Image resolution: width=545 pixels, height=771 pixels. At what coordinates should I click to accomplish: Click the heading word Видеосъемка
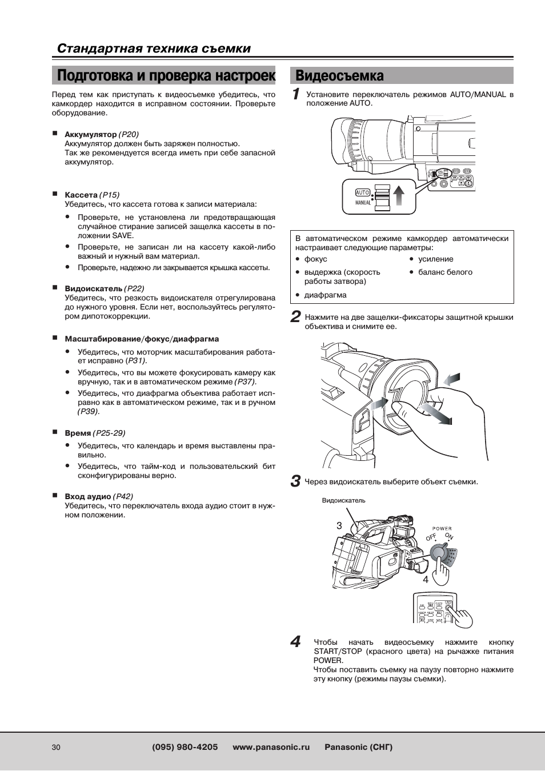pos(339,76)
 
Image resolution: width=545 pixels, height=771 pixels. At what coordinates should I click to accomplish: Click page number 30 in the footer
pos(56,748)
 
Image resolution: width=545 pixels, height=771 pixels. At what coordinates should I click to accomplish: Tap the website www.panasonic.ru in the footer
pos(271,747)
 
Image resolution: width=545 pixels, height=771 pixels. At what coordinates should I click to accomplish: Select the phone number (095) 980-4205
pos(185,747)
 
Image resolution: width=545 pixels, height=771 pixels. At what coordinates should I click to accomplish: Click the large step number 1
pos(296,94)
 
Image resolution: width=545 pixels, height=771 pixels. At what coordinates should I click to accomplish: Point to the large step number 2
pos(295,317)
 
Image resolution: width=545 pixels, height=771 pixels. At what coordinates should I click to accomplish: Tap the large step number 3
pos(295,481)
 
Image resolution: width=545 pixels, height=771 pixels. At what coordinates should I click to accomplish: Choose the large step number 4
pos(295,642)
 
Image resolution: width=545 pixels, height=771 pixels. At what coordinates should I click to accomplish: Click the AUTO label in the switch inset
pos(363,192)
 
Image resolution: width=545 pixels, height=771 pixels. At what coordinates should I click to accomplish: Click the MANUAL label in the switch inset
pos(363,203)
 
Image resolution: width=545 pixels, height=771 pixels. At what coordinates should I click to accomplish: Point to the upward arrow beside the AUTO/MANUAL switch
pos(399,193)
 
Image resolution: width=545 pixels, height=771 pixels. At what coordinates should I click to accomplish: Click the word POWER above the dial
pos(442,529)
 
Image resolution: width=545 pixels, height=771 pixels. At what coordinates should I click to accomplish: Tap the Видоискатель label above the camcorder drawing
pos(343,501)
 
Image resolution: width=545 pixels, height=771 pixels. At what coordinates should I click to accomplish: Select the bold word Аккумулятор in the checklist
pos(90,135)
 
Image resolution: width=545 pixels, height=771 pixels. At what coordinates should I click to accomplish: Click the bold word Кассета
pos(81,195)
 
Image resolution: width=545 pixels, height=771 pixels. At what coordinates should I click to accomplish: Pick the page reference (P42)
pos(123,497)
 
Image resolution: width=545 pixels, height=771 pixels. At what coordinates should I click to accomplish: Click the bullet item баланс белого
pos(445,272)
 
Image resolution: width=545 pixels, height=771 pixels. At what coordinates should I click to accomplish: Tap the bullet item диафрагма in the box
pos(325,295)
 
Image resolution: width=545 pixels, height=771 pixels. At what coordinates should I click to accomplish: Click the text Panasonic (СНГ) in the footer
pos(358,747)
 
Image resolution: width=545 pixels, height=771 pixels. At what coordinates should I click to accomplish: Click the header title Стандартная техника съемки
pos(154,49)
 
